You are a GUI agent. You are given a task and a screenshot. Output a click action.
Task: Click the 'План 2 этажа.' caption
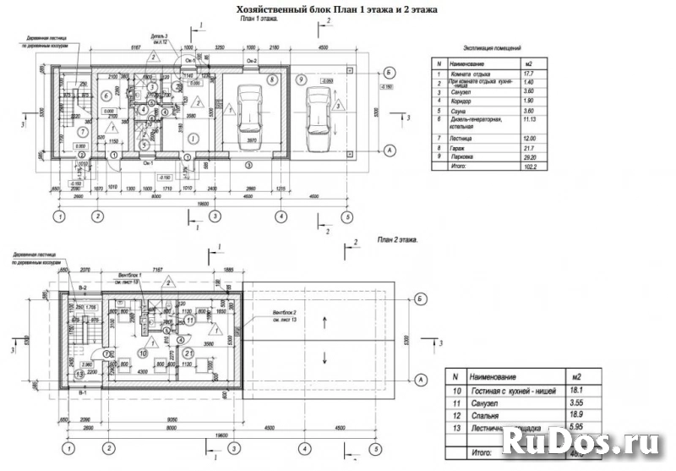coord(399,239)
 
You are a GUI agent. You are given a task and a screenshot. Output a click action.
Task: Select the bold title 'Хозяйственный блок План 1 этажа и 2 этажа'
coord(335,8)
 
